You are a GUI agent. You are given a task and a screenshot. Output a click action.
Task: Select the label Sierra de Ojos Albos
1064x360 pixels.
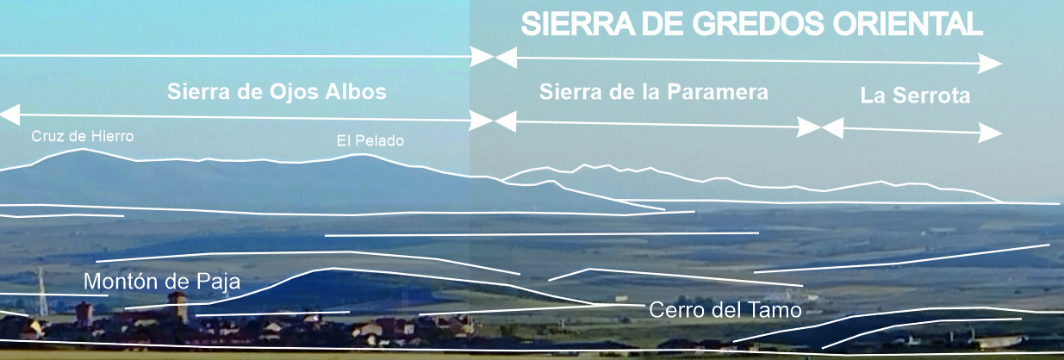277,91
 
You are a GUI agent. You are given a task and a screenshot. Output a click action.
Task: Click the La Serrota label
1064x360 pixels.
914,96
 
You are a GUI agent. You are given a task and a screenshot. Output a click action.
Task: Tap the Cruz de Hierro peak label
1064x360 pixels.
83,135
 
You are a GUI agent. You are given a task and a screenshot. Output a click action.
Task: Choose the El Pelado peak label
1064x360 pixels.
370,140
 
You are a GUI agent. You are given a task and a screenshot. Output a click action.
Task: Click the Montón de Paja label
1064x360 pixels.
161,282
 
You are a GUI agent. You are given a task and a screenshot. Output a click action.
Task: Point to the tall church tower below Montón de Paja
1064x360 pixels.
177,307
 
